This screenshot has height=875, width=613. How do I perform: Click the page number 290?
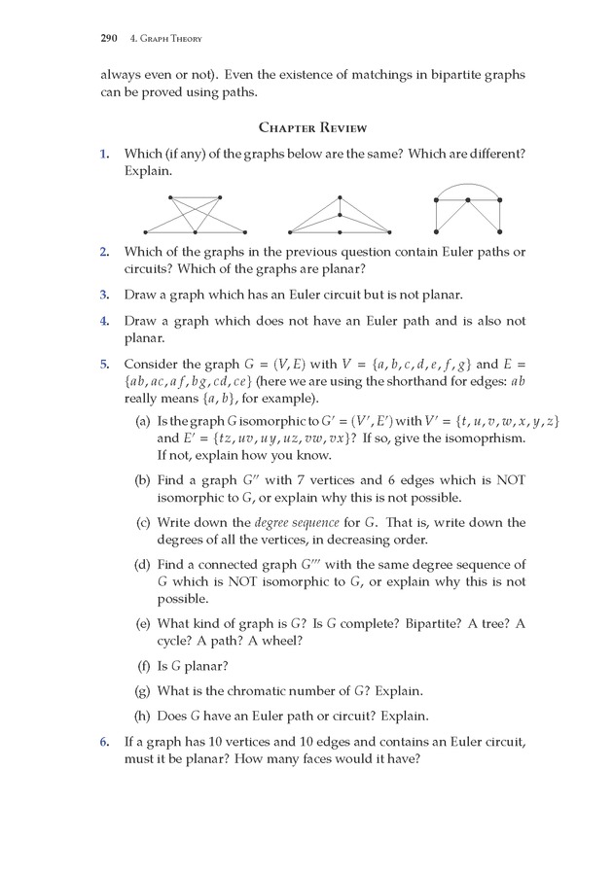108,39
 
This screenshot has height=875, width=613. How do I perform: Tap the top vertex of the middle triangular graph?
340,196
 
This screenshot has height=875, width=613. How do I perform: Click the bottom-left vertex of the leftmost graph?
145,232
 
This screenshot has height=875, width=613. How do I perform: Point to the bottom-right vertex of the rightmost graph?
500,232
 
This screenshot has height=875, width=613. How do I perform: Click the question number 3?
104,294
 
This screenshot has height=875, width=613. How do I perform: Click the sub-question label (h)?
143,717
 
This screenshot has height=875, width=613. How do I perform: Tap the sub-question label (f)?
143,666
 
